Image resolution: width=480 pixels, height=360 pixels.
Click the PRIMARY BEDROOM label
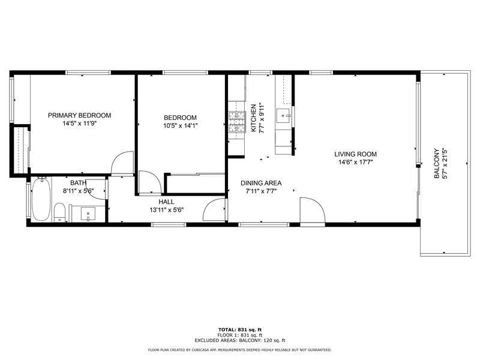click(80, 115)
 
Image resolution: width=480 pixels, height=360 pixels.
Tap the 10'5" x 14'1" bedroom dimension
click(180, 125)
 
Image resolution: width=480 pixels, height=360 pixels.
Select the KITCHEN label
click(254, 117)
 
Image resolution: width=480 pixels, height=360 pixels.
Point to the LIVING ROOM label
click(355, 154)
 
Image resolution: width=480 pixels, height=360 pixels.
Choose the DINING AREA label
click(261, 183)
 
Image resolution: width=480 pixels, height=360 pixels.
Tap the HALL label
click(166, 202)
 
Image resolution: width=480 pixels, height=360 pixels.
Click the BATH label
click(78, 183)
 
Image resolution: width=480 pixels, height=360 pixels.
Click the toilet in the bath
click(59, 212)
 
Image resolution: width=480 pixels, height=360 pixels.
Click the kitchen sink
click(284, 114)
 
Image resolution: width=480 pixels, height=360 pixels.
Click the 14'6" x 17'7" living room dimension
click(355, 162)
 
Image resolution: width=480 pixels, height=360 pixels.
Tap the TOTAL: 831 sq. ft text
click(239, 329)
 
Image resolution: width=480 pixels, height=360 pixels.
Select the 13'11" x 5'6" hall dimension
click(166, 210)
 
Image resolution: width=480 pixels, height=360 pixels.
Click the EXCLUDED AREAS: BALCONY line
click(239, 340)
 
